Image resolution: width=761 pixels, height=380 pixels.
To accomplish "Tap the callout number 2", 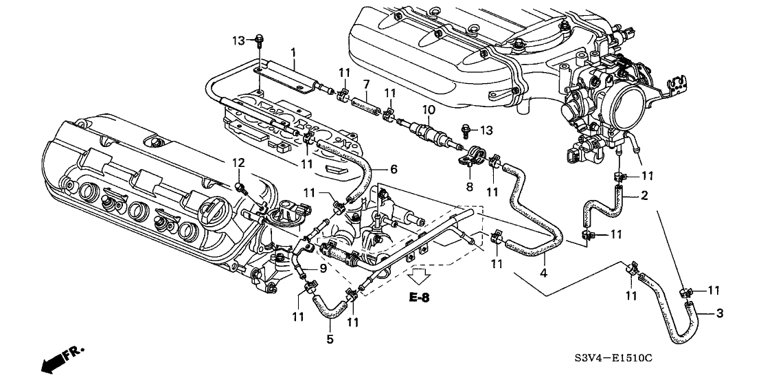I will point(644,196).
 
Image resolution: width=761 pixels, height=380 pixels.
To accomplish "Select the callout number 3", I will point(719,314).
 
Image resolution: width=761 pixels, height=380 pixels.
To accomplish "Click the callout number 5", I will point(329,339).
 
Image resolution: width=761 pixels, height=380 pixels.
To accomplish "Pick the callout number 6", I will point(393,168).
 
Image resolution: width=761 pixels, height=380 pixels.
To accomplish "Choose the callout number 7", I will point(367,84).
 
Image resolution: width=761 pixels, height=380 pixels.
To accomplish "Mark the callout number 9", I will point(322,269).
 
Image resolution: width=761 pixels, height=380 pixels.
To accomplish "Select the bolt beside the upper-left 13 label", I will point(259,41).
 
